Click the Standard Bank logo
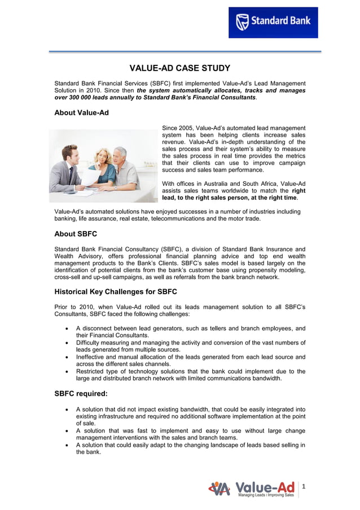[273, 23]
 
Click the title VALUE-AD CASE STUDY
[180, 69]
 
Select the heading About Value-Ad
[81, 113]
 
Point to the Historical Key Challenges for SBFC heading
[116, 292]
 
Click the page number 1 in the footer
[304, 486]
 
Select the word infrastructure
[116, 416]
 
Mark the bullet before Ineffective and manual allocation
[68, 357]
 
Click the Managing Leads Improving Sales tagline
[265, 495]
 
